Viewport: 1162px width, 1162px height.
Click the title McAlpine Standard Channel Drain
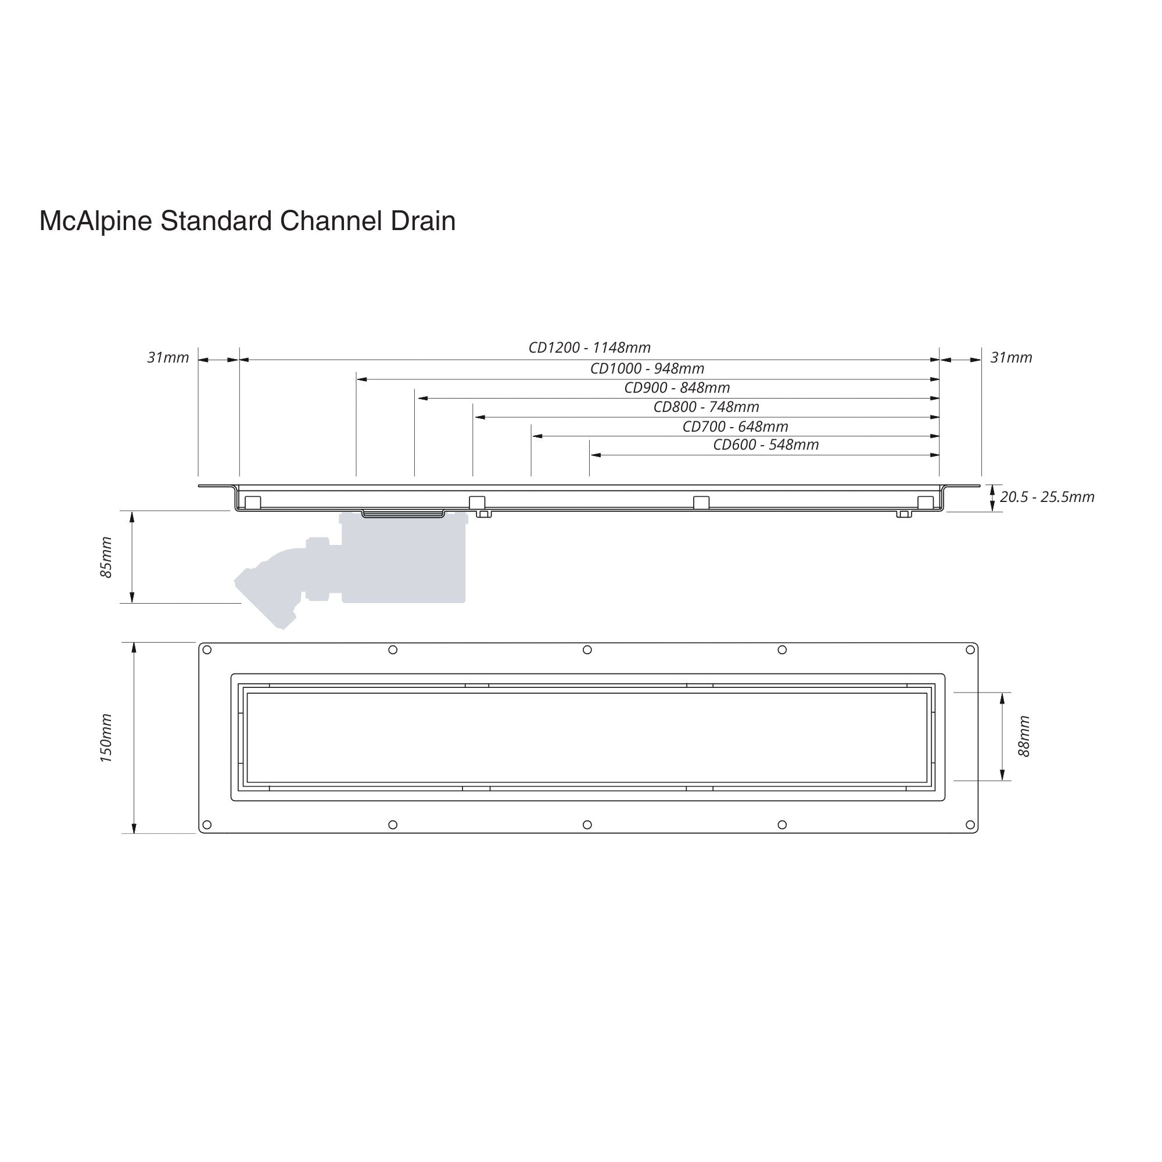247,221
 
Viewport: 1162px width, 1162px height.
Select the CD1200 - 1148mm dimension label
589,347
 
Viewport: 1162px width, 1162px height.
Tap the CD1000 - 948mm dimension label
647,368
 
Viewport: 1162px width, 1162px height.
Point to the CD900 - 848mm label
677,388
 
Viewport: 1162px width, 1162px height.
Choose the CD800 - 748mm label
706,407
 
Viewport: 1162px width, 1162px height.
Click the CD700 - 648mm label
735,426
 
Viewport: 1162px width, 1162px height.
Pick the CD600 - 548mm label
766,444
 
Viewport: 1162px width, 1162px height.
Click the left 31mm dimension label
168,357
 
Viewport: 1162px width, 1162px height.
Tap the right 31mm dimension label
1012,357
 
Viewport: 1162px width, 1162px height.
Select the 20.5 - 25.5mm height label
1047,497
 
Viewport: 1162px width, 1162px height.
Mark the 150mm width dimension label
106,738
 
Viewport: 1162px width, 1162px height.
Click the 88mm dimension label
1024,736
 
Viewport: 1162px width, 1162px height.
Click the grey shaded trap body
404,558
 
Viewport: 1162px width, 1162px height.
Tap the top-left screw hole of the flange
207,650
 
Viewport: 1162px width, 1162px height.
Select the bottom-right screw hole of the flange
970,824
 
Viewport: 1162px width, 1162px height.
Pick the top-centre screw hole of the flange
587,650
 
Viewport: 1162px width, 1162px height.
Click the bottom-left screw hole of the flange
207,824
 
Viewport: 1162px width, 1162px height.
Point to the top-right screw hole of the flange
970,650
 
